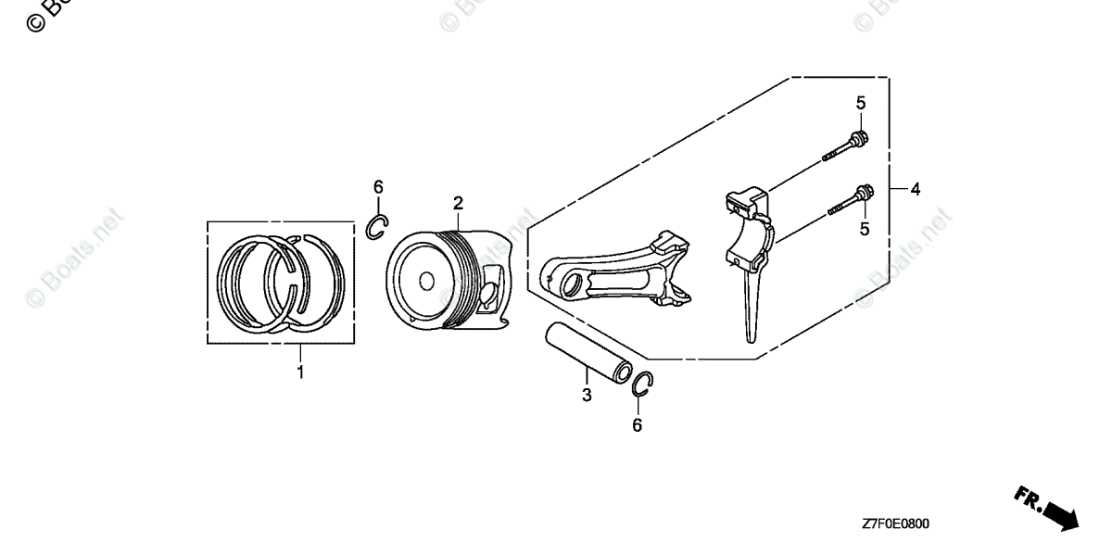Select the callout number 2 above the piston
pyautogui.click(x=458, y=203)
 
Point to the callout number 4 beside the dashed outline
pyautogui.click(x=915, y=190)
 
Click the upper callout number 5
pyautogui.click(x=860, y=102)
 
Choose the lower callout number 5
pyautogui.click(x=864, y=229)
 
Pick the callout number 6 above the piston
pyautogui.click(x=378, y=187)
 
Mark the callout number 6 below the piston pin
pyautogui.click(x=637, y=425)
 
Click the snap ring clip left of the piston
pyautogui.click(x=378, y=226)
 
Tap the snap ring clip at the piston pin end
pyautogui.click(x=645, y=385)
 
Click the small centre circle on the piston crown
pyautogui.click(x=425, y=280)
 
